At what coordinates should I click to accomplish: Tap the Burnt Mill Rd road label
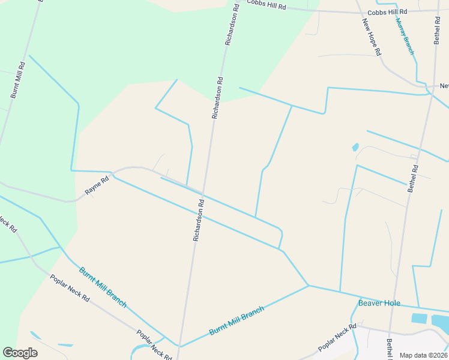[x=17, y=80]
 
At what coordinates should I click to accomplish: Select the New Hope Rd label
[x=372, y=37]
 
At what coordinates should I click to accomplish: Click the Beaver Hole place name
[x=379, y=303]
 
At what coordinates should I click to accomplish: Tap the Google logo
[x=20, y=353]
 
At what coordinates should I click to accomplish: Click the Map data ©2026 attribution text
[x=424, y=355]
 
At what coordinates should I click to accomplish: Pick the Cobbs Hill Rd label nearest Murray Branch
[x=387, y=12]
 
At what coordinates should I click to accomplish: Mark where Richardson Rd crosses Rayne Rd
[x=203, y=194]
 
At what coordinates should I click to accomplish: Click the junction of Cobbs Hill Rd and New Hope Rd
[x=359, y=11]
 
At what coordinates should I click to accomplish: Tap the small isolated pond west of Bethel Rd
[x=355, y=147]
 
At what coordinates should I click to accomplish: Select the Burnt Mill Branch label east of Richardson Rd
[x=237, y=321]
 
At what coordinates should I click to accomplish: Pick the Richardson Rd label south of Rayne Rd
[x=199, y=220]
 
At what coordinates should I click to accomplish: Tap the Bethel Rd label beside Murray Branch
[x=437, y=30]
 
